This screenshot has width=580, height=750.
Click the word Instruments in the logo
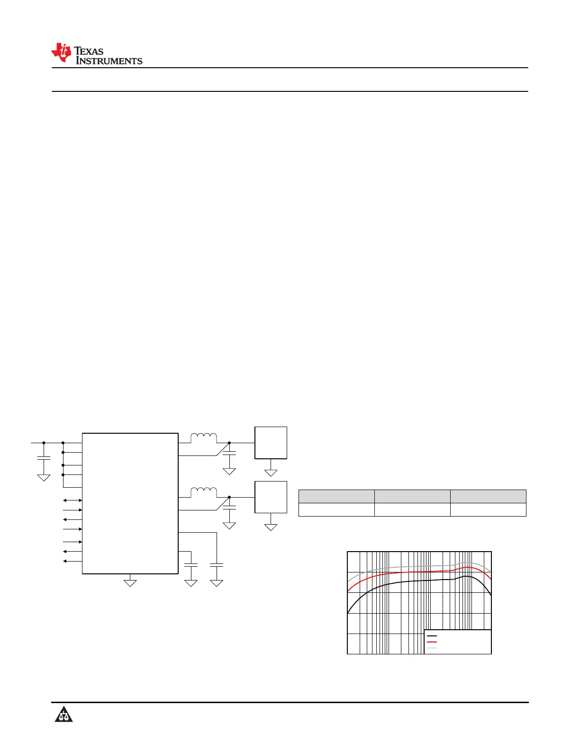109,61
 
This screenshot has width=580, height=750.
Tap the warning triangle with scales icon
63,714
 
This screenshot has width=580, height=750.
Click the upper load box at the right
271,443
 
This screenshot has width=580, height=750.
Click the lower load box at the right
271,497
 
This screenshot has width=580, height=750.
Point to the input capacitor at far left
44,458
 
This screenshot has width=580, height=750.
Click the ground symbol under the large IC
130,583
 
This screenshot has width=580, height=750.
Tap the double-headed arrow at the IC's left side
72,500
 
